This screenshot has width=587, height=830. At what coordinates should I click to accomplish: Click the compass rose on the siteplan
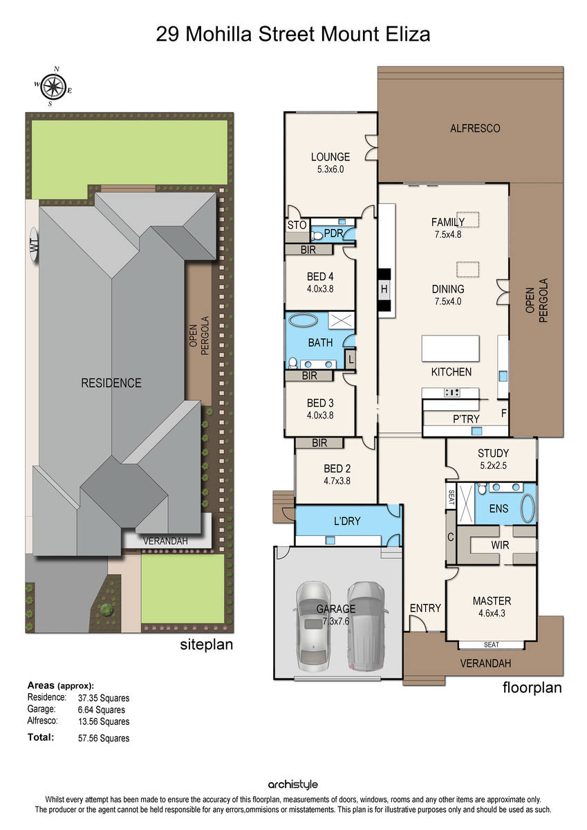pyautogui.click(x=54, y=86)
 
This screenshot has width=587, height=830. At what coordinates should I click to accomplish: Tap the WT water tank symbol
pyautogui.click(x=34, y=246)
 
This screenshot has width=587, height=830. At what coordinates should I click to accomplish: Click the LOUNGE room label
pyautogui.click(x=330, y=157)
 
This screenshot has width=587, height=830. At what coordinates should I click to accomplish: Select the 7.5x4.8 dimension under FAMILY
pyautogui.click(x=448, y=234)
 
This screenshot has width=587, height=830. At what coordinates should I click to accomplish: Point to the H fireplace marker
pyautogui.click(x=384, y=289)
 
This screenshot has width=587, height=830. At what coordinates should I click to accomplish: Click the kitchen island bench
pyautogui.click(x=451, y=349)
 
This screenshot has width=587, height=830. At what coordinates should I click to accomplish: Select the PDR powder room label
pyautogui.click(x=333, y=233)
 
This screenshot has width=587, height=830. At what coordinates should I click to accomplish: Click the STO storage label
pyautogui.click(x=297, y=225)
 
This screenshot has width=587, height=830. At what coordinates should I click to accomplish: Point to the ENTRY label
pyautogui.click(x=425, y=608)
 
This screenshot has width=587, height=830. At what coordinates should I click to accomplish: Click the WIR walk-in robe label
pyautogui.click(x=500, y=545)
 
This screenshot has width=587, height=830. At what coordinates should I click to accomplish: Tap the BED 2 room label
pyautogui.click(x=337, y=469)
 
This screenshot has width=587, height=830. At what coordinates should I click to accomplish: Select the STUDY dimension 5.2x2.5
pyautogui.click(x=493, y=465)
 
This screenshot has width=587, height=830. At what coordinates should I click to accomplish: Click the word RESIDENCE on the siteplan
pyautogui.click(x=111, y=382)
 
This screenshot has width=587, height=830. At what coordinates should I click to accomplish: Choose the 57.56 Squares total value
pyautogui.click(x=104, y=738)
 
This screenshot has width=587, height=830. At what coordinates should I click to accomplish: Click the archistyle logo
pyautogui.click(x=293, y=784)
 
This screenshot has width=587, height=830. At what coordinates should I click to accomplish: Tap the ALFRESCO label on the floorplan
pyautogui.click(x=475, y=129)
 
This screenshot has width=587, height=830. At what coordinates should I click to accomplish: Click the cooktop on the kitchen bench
pyautogui.click(x=452, y=392)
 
